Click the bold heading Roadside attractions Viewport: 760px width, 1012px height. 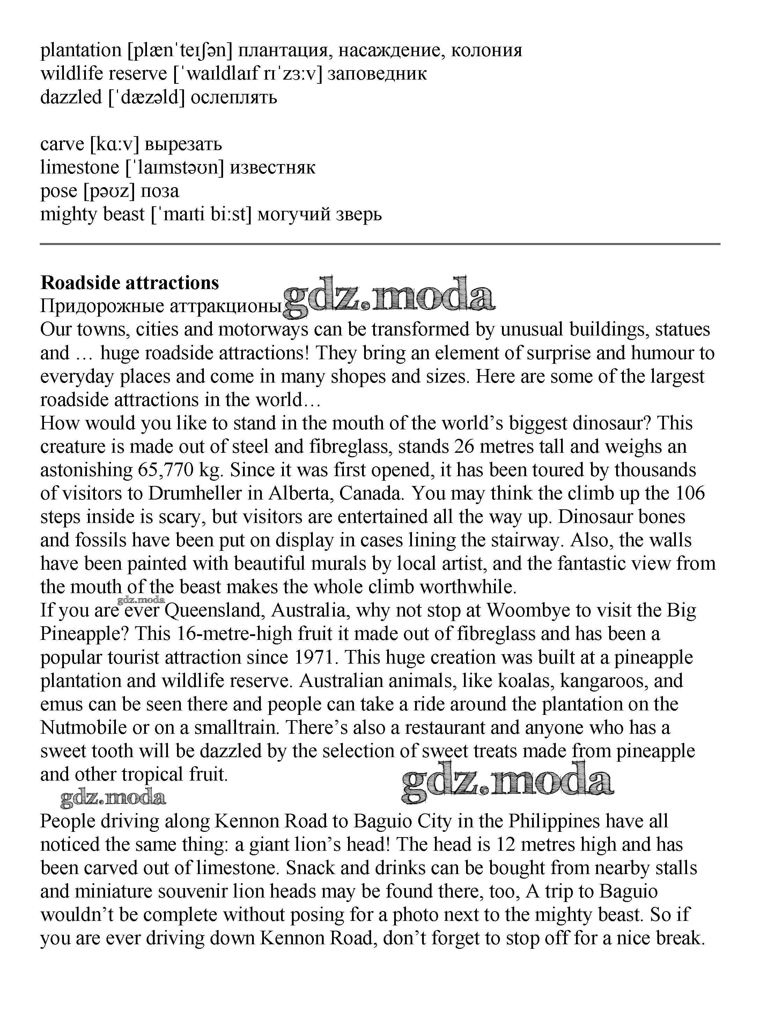[130, 283]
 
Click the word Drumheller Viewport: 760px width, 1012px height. [195, 493]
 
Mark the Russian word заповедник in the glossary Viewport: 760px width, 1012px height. [377, 73]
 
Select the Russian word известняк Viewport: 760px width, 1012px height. [272, 168]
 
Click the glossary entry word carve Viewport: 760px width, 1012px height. [62, 144]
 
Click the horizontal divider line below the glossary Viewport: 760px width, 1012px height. [380, 244]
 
